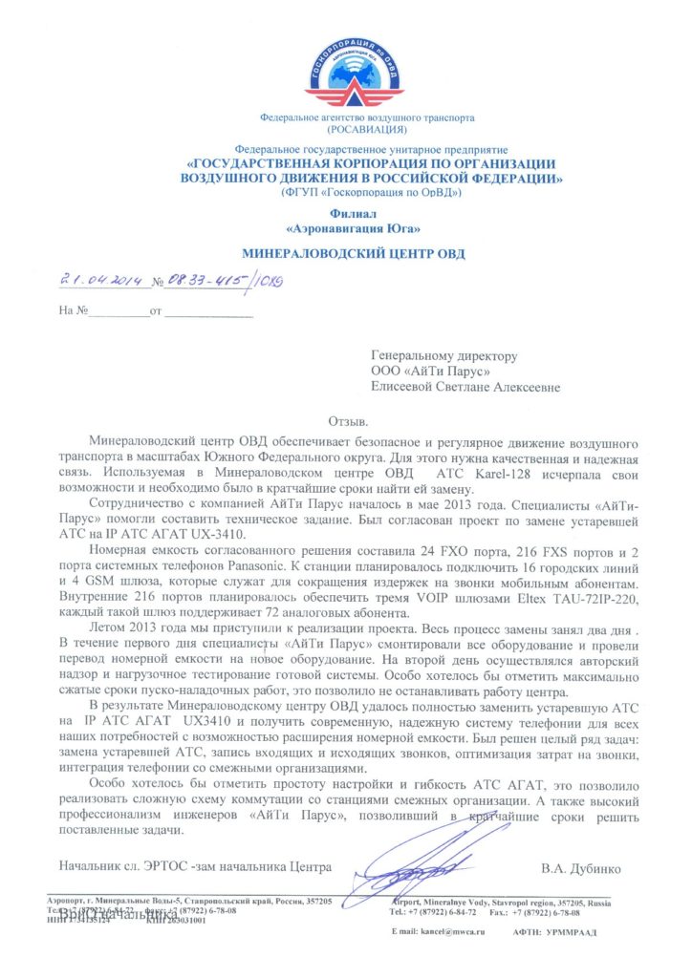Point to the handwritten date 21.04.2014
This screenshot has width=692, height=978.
[100, 280]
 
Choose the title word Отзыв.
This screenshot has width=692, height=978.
[353, 420]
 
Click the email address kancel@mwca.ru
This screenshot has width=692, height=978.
[443, 931]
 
